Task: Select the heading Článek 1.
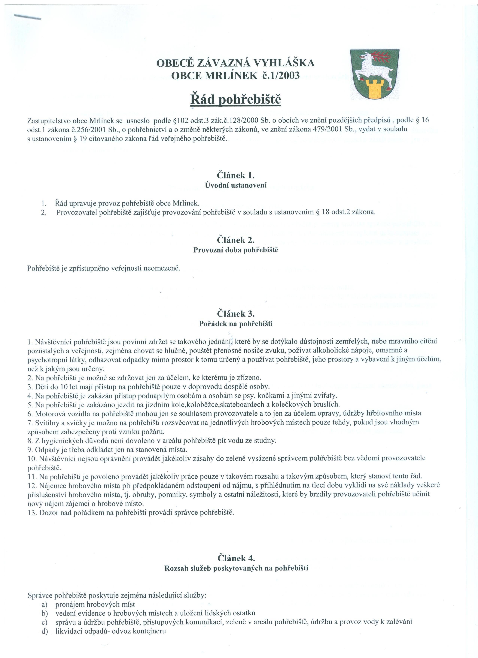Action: [x=236, y=175]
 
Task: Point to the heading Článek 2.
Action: [x=236, y=240]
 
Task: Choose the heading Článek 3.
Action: [x=236, y=314]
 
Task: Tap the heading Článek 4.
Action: [x=236, y=558]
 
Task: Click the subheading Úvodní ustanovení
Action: [x=236, y=185]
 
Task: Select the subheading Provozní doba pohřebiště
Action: [x=236, y=250]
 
